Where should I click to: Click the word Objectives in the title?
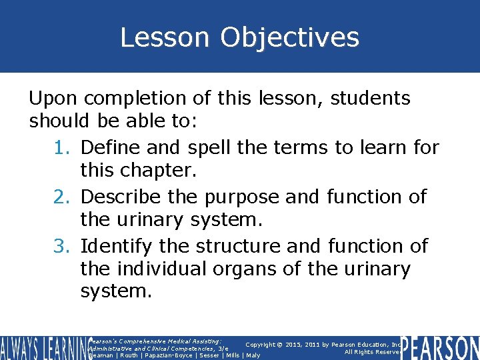(290, 37)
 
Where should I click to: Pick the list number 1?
(61, 147)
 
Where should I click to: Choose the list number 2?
(61, 197)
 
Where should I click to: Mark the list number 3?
(61, 246)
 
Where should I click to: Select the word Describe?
(124, 197)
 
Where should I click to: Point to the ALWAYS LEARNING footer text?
(43, 347)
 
